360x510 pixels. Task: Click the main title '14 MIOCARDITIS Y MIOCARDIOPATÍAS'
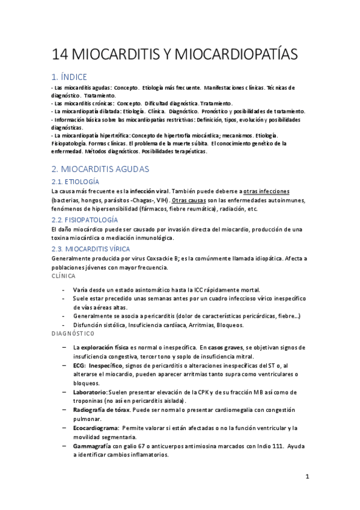point(174,55)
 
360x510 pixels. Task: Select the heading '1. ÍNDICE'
point(77,76)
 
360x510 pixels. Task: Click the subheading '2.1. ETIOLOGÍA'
point(75,182)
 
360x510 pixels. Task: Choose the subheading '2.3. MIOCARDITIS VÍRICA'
point(91,248)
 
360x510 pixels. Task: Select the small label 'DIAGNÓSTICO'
point(70,333)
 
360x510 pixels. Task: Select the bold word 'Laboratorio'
point(90,392)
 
